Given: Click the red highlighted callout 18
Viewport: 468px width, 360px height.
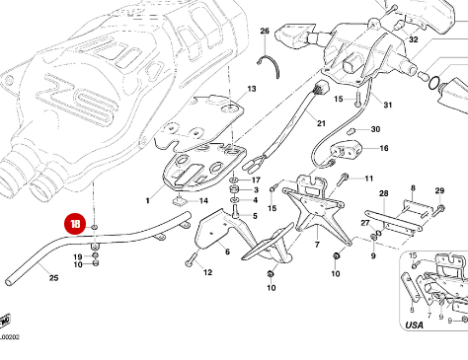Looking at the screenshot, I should (x=76, y=224).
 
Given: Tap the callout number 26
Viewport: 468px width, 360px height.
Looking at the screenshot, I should (x=264, y=32).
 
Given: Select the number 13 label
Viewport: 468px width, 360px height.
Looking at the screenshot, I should (x=252, y=89).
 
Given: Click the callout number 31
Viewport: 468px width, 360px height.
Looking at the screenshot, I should (x=388, y=106).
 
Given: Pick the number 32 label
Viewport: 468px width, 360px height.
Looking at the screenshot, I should (x=414, y=40).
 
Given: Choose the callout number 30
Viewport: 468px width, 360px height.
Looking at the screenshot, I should (x=375, y=130).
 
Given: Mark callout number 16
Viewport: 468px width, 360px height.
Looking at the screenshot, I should (x=384, y=149).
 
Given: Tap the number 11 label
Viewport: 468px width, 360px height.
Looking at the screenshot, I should (x=369, y=179).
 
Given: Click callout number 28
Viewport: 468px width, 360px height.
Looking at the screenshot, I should (x=384, y=193).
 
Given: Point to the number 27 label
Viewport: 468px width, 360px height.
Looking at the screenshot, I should (x=364, y=224).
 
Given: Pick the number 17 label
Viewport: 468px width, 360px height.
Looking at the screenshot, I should (x=256, y=180).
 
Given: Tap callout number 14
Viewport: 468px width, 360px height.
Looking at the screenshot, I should (x=204, y=201).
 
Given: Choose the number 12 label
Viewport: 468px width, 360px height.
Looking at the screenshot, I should (x=208, y=272).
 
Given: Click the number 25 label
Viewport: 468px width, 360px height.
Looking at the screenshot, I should (x=53, y=279).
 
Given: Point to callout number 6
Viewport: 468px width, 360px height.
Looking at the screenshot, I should (x=227, y=252).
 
